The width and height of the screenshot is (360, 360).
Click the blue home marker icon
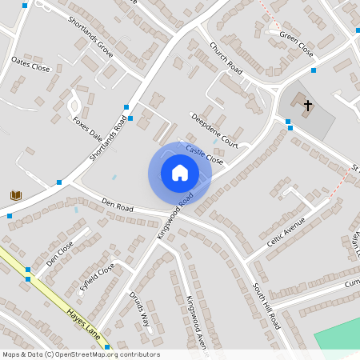click(179, 173)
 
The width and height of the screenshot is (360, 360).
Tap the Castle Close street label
click(204, 154)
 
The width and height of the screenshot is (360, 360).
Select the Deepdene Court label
click(214, 130)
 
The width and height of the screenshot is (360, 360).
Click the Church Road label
click(225, 58)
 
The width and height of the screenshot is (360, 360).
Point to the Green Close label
click(297, 42)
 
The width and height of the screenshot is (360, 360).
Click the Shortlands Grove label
click(90, 36)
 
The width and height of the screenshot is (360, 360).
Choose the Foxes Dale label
click(88, 129)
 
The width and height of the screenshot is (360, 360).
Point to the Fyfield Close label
click(97, 275)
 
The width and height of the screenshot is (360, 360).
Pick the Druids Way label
click(140, 309)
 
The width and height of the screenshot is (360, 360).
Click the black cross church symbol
click(308, 105)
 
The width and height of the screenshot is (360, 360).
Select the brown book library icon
click(15, 195)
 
